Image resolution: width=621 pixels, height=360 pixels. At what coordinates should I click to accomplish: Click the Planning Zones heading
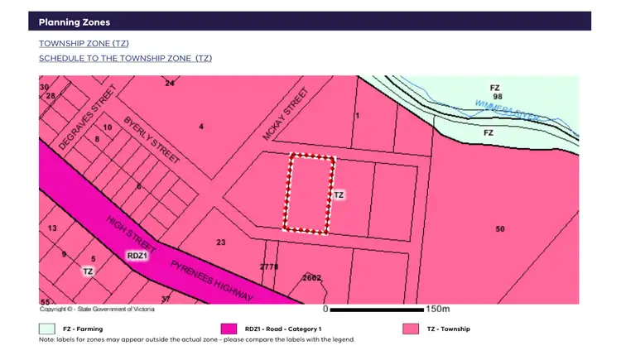[75, 22]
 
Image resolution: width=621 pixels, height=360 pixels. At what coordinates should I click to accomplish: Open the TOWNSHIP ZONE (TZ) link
[84, 43]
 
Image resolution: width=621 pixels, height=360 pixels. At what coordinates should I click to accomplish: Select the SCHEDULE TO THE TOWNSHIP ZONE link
[125, 58]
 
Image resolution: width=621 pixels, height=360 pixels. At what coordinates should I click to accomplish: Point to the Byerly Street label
[152, 142]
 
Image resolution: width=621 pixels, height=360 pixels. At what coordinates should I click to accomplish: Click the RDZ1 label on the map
[137, 256]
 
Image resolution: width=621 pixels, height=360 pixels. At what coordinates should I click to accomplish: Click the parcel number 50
[499, 228]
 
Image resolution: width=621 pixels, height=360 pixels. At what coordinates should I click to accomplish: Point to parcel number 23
[221, 242]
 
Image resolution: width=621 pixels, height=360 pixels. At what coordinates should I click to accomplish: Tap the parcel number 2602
[312, 277]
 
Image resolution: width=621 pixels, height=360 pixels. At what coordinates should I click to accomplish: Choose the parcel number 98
[497, 97]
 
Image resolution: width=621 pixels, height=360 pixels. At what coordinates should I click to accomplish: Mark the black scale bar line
[377, 309]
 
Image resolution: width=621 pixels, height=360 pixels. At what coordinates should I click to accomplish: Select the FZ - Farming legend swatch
[47, 329]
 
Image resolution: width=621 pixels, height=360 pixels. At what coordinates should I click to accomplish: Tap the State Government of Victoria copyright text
[97, 309]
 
